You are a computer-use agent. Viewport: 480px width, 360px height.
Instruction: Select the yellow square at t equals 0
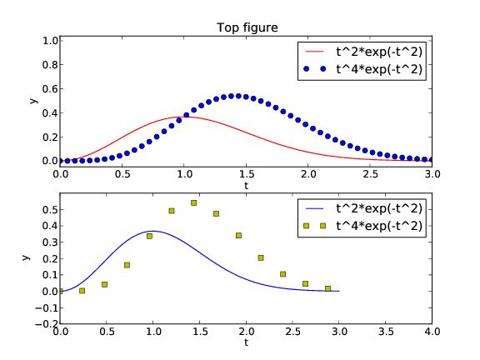pyautogui.click(x=60, y=291)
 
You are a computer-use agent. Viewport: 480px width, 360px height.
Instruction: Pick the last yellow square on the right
pyautogui.click(x=327, y=288)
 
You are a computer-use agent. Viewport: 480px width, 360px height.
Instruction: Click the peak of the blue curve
pyautogui.click(x=152, y=231)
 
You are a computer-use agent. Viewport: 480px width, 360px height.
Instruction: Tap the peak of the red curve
pyautogui.click(x=184, y=117)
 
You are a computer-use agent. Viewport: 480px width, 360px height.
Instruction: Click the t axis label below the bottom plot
pyautogui.click(x=246, y=342)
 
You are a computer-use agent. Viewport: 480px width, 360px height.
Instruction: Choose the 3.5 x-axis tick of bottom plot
pyautogui.click(x=385, y=332)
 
